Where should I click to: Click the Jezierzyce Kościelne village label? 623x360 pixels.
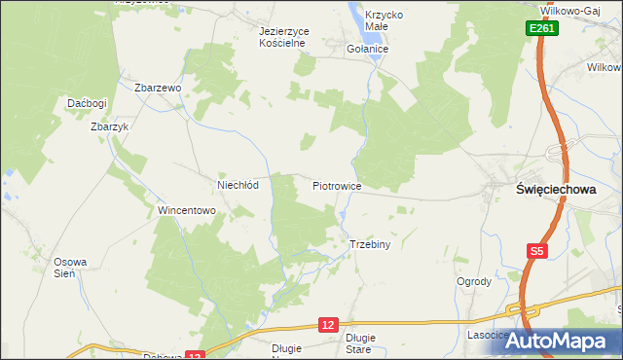283,37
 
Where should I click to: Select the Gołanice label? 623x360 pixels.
368,49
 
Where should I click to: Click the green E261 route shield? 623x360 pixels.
543,30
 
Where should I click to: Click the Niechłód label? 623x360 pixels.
237,185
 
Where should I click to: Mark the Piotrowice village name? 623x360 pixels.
337,185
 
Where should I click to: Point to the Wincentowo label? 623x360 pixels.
186,210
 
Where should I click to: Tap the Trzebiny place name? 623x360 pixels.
369,244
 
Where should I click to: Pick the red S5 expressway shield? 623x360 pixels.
537,252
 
